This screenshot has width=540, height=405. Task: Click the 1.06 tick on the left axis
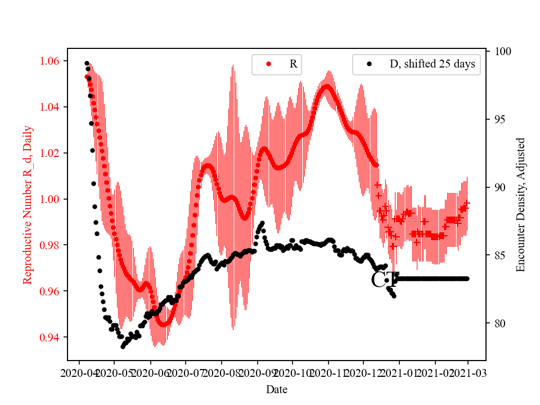click(52, 61)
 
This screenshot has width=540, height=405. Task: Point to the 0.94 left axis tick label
click(52, 337)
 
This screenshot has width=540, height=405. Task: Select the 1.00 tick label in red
click(52, 199)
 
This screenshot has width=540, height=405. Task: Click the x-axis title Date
click(277, 389)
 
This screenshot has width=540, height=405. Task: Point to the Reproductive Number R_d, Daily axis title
click(28, 204)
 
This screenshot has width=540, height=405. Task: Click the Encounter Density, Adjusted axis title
click(520, 204)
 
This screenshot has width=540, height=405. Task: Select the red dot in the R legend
click(268, 64)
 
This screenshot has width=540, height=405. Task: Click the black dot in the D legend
click(369, 64)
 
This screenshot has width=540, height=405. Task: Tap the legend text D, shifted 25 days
click(432, 64)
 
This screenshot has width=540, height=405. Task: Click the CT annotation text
click(385, 280)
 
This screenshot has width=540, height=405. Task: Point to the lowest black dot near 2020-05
click(123, 346)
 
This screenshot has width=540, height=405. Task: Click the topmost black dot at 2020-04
click(87, 63)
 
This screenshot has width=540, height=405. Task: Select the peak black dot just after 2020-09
click(262, 223)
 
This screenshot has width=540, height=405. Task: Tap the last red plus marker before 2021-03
click(467, 203)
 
